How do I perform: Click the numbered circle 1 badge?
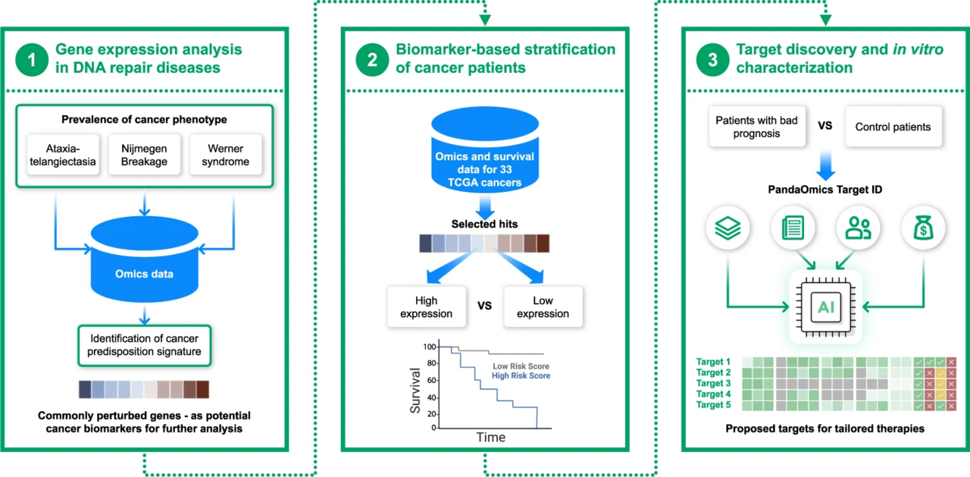[x=32, y=59]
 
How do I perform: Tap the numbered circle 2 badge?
[x=372, y=59]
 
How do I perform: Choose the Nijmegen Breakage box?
[x=145, y=155]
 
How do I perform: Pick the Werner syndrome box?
[x=225, y=155]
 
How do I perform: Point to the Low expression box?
[x=543, y=306]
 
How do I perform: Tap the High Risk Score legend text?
[x=521, y=375]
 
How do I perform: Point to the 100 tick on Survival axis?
[x=430, y=347]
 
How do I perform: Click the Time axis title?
[x=490, y=438]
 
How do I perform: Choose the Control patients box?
[x=892, y=127]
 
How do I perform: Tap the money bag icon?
[x=923, y=228]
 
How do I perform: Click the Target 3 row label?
[x=712, y=384]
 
